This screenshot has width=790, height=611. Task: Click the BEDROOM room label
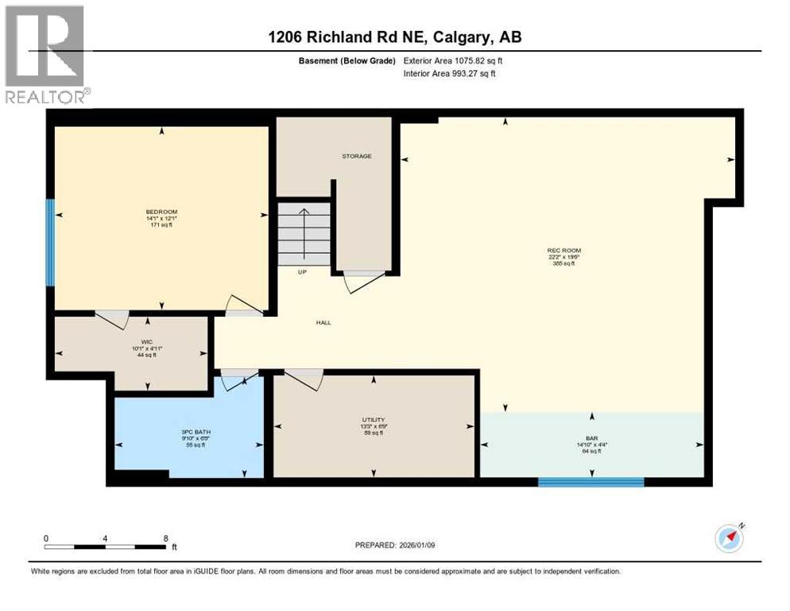pyautogui.click(x=161, y=212)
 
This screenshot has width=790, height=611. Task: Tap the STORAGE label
pyautogui.click(x=357, y=156)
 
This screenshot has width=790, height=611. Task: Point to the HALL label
pyautogui.click(x=323, y=322)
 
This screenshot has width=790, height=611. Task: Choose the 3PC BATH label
pyautogui.click(x=195, y=432)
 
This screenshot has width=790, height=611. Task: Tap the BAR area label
pyautogui.click(x=592, y=438)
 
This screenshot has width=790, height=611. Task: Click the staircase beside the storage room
pyautogui.click(x=304, y=232)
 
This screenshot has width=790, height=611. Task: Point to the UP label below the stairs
pyautogui.click(x=302, y=272)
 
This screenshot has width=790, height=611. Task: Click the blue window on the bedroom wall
pyautogui.click(x=50, y=243)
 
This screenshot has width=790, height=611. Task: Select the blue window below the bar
pyautogui.click(x=591, y=481)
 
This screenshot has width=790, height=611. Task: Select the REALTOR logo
pyautogui.click(x=45, y=55)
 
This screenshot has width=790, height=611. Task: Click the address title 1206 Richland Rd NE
pyautogui.click(x=394, y=37)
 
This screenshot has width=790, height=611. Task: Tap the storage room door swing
pyautogui.click(x=362, y=282)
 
